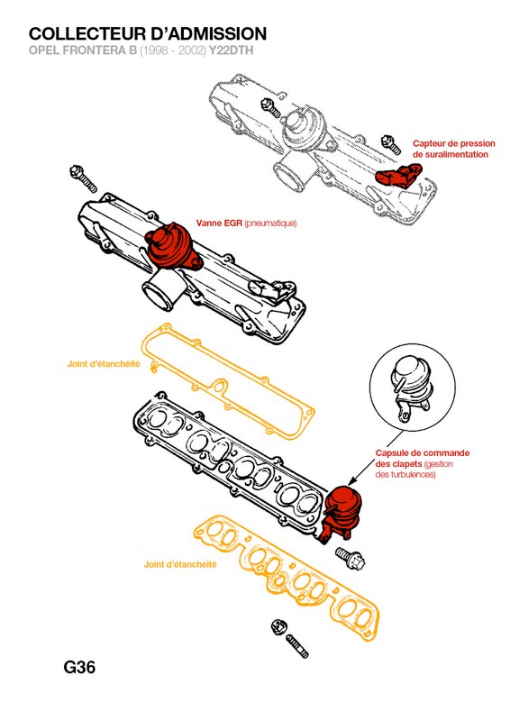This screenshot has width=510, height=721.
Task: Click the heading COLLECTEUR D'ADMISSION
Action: (x=148, y=34)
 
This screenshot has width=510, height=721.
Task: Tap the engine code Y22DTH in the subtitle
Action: (x=231, y=50)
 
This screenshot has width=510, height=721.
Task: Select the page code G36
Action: (x=79, y=667)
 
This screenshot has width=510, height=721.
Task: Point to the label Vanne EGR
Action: (x=219, y=224)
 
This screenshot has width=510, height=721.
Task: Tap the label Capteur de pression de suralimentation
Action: (x=454, y=149)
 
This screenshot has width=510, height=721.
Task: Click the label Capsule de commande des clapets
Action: (x=423, y=459)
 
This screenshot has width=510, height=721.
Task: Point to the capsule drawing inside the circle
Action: (x=410, y=388)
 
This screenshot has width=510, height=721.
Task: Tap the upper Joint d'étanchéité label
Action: (x=104, y=364)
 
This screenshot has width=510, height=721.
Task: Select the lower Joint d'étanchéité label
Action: (x=180, y=564)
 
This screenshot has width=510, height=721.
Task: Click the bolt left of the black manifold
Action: (x=83, y=178)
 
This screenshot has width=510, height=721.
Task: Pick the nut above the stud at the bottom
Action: (x=278, y=627)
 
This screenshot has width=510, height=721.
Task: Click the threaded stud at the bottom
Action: (x=297, y=646)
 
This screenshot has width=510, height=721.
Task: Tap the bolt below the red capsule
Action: (x=351, y=558)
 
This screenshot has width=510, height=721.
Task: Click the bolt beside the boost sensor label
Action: (x=391, y=143)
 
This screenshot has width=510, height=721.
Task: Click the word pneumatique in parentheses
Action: (x=270, y=224)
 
